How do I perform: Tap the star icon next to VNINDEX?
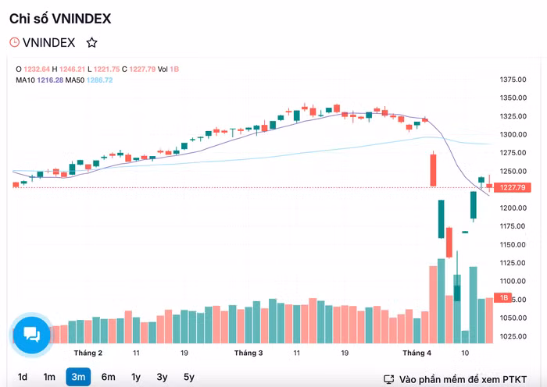tap(92, 43)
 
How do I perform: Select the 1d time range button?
tap(23, 378)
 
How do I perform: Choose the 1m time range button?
tap(49, 378)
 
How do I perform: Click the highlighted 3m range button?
tap(78, 378)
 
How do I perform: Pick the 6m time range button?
tap(108, 378)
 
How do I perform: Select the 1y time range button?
tap(136, 378)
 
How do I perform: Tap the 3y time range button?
tap(162, 378)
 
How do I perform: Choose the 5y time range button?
tap(189, 378)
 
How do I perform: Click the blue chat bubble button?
tap(32, 334)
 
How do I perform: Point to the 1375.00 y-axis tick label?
tap(513, 80)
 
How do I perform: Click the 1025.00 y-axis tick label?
tap(513, 336)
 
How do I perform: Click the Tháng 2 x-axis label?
tap(88, 353)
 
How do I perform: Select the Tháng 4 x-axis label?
tap(417, 353)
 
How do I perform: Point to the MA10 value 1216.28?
tap(49, 80)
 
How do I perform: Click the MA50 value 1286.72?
tap(100, 80)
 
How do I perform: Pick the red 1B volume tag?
tap(505, 299)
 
